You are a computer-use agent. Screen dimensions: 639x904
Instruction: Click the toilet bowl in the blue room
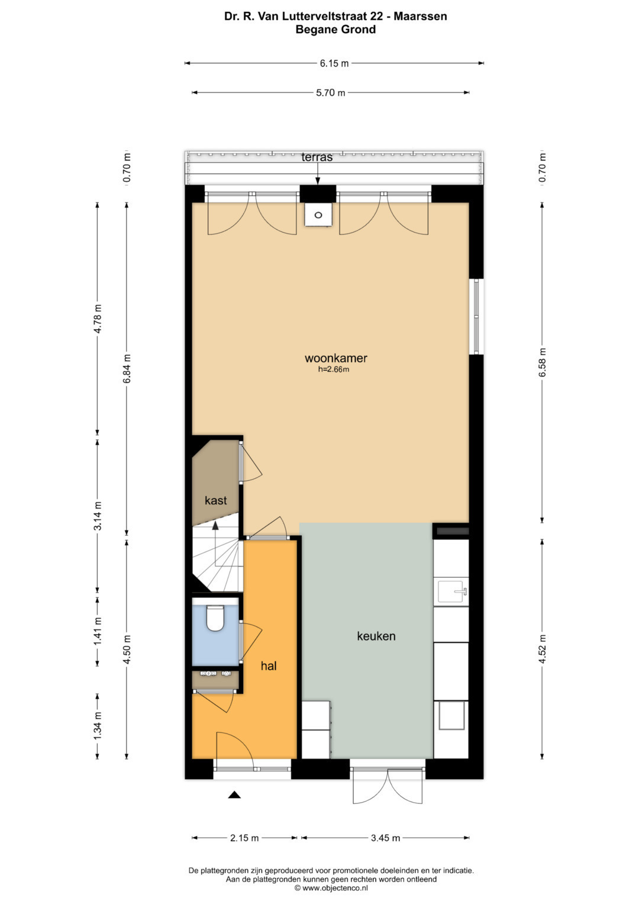pos(215,617)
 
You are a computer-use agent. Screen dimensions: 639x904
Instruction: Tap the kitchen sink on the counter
pos(451,591)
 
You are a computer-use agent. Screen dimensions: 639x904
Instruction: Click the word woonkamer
pos(336,358)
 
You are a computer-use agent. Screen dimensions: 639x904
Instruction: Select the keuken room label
pos(376,636)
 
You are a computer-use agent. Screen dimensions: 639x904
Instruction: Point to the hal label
pos(269,666)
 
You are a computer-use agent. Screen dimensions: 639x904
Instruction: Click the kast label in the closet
pos(216,500)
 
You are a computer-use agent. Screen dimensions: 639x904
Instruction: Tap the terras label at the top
pos(317,157)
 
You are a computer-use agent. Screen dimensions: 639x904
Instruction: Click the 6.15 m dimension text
pos(334,63)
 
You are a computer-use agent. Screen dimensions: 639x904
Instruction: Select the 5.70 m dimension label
pos(330,92)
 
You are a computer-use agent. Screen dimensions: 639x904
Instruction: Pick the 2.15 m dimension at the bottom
pos(244,838)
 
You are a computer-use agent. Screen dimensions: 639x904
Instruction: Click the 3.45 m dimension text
pos(385,838)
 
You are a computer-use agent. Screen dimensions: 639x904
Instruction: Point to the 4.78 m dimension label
pos(98,319)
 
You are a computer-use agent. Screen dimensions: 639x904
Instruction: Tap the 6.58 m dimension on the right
pos(542,362)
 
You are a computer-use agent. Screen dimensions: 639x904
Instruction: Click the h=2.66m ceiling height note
pos(334,369)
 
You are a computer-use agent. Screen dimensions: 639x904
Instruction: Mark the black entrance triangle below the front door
pos(234,794)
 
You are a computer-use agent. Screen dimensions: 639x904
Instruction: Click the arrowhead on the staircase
pos(215,525)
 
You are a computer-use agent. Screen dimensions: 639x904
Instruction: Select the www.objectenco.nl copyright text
pos(331,888)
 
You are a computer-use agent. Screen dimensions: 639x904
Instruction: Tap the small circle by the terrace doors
pos(318,215)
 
